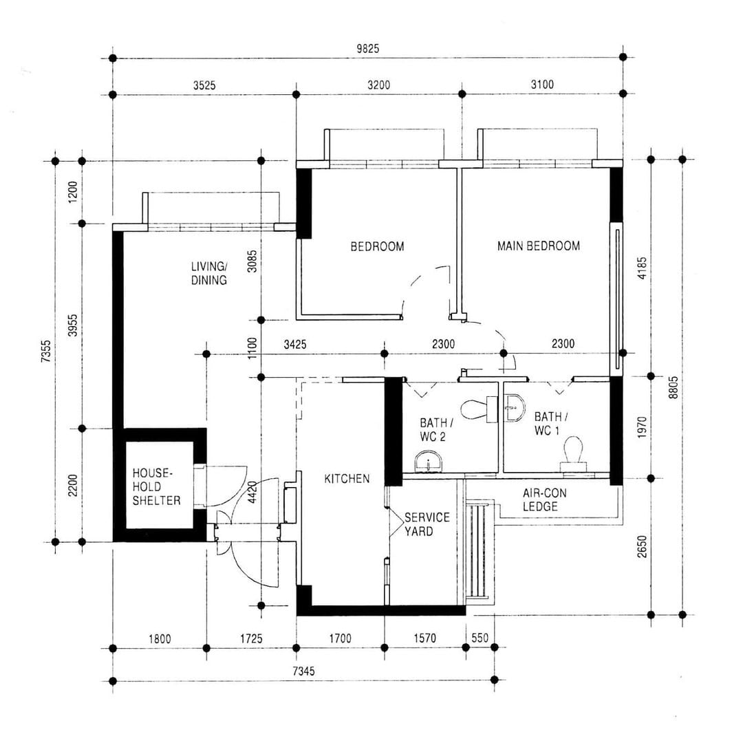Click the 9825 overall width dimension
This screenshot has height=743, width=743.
(x=367, y=49)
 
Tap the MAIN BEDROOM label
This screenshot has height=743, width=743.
(x=538, y=246)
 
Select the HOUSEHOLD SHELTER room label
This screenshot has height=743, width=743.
(x=156, y=486)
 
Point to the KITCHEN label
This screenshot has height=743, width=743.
(x=347, y=479)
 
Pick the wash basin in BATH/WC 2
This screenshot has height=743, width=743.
(x=429, y=462)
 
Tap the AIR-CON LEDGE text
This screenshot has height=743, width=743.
(x=544, y=500)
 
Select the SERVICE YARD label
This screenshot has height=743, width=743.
(x=427, y=524)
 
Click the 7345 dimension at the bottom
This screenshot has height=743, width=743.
(x=303, y=671)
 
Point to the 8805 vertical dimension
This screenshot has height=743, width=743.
(x=674, y=387)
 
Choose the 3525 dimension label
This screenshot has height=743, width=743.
(x=204, y=85)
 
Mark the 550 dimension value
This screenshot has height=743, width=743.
(x=480, y=638)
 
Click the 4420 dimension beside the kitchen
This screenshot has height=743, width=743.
(x=252, y=492)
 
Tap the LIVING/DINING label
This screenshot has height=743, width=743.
(x=209, y=273)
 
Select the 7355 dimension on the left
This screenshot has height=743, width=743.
(x=46, y=352)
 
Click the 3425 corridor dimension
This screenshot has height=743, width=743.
(x=294, y=345)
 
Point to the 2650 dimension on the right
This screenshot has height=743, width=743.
(x=642, y=546)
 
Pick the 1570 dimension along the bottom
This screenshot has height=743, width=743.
(x=424, y=638)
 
